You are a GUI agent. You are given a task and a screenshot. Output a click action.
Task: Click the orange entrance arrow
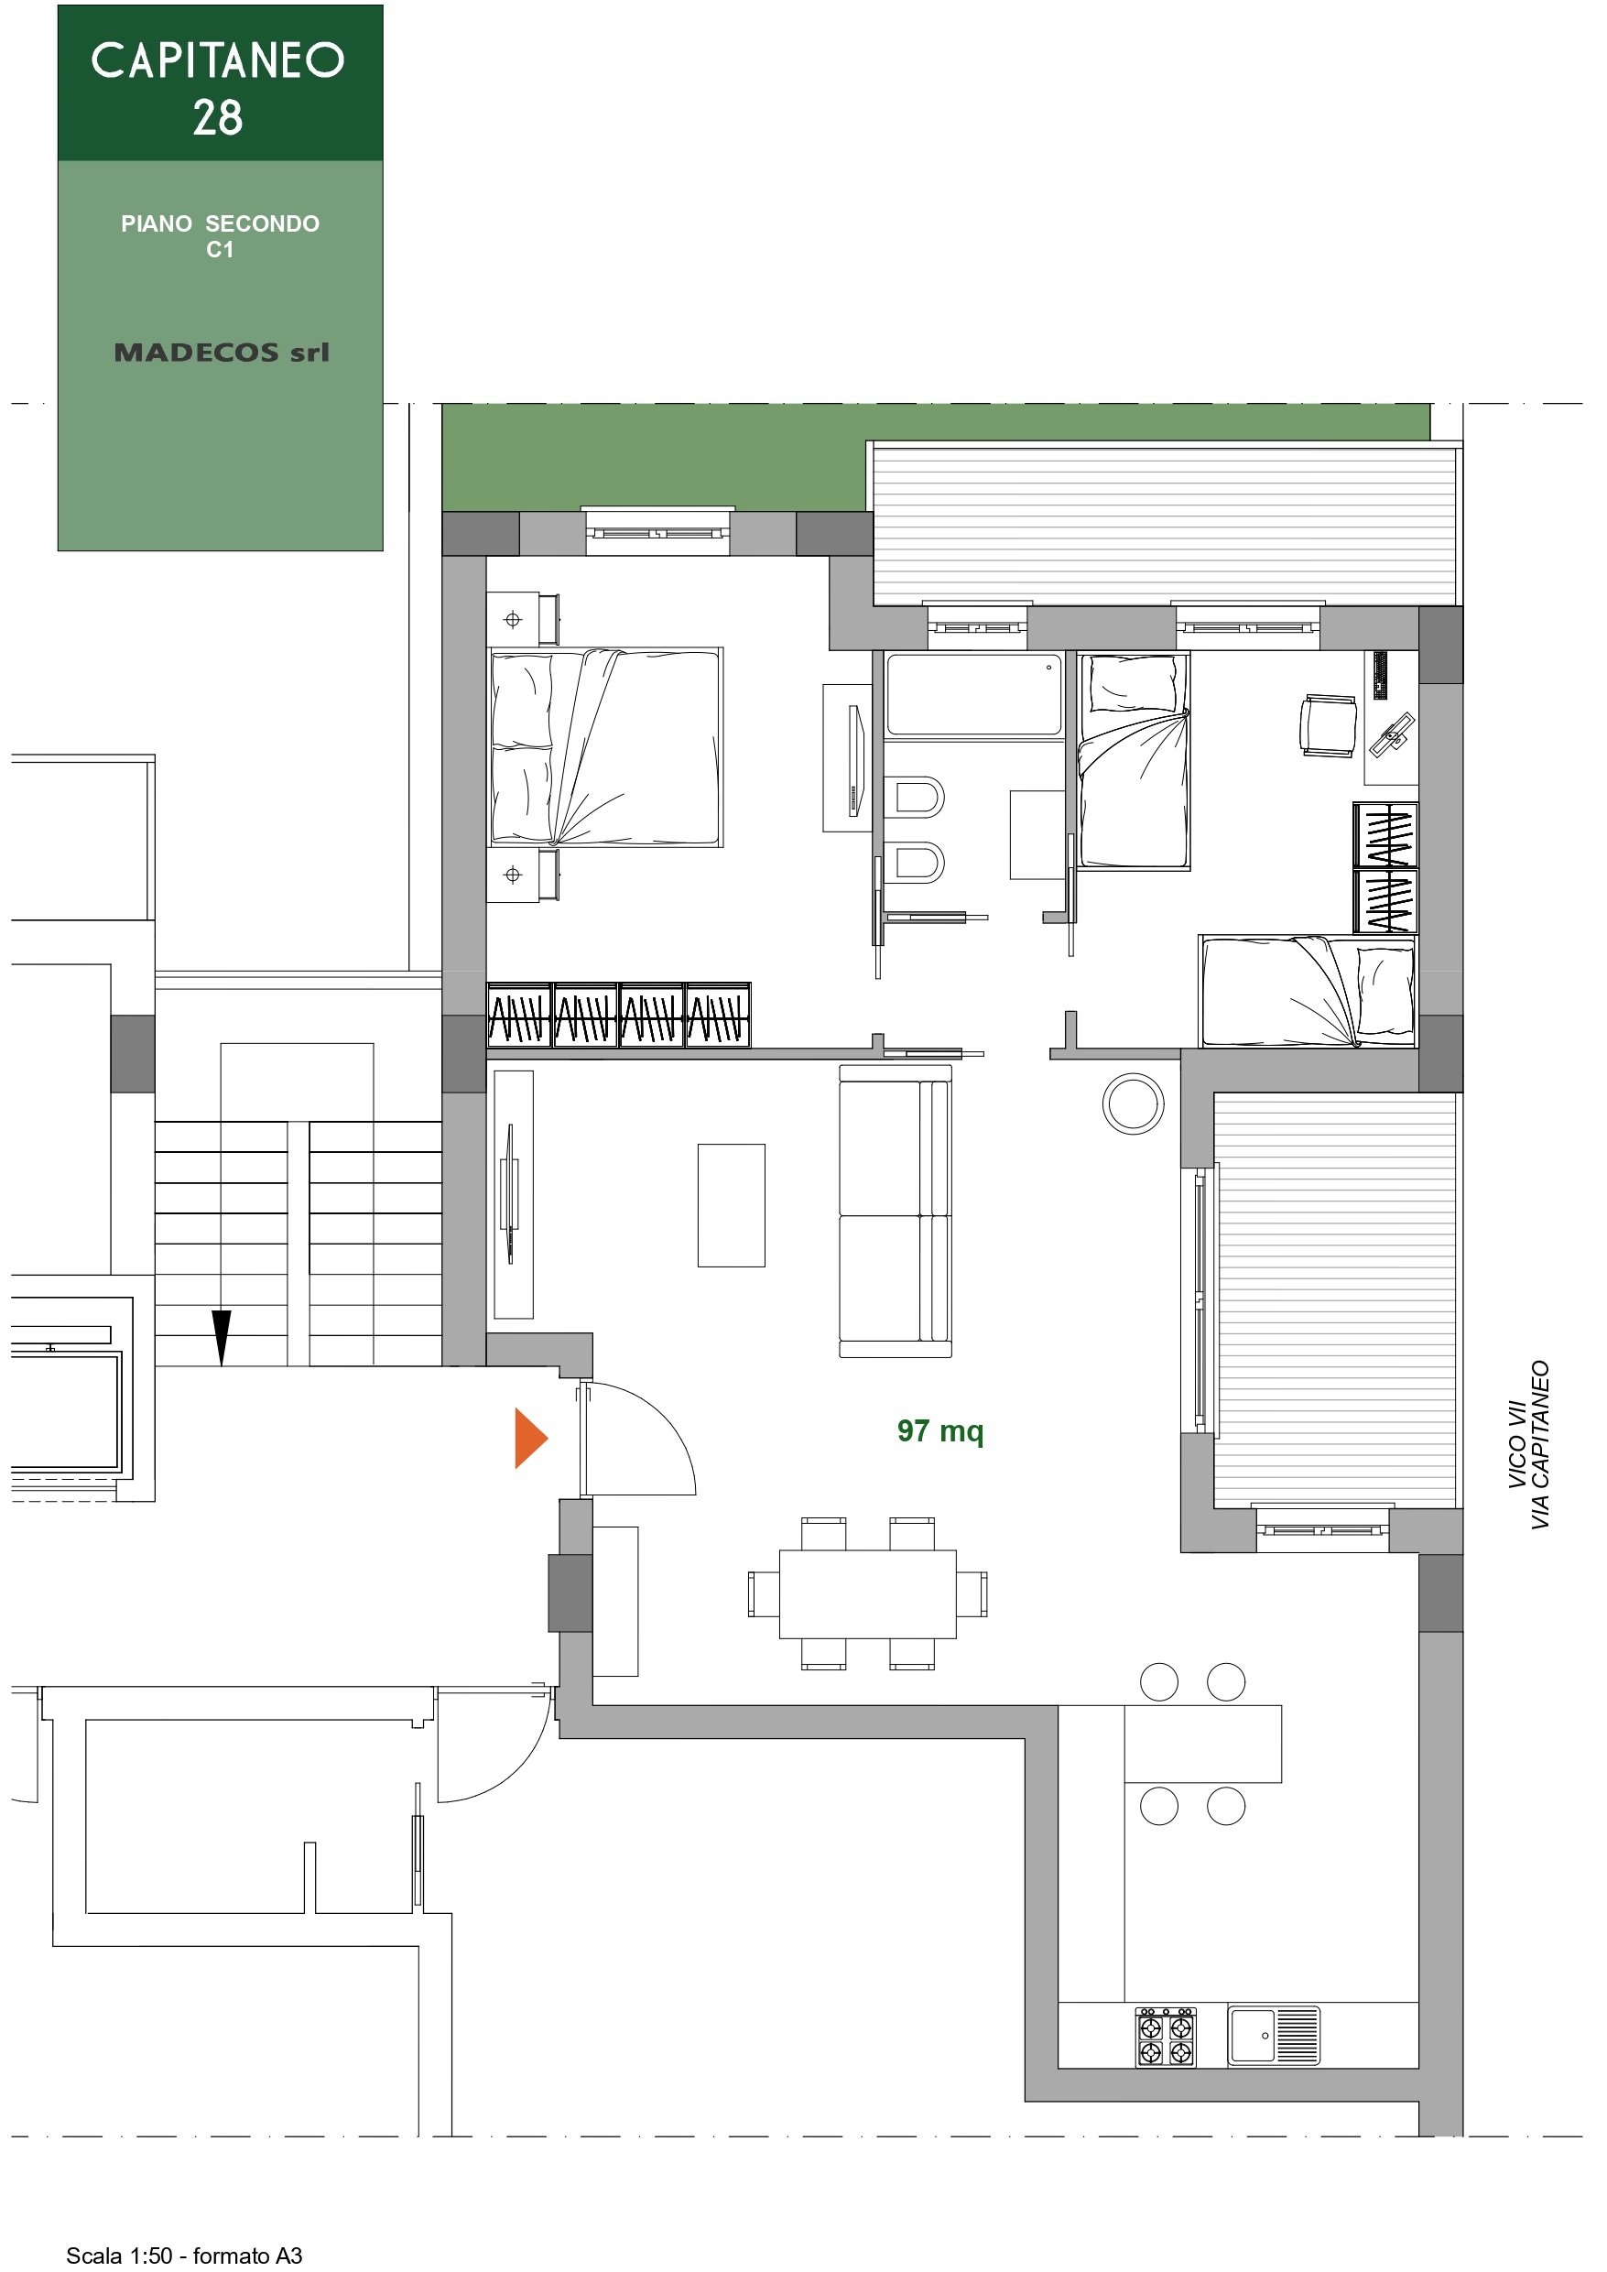point(529,1438)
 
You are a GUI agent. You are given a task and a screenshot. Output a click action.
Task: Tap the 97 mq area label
point(940,1432)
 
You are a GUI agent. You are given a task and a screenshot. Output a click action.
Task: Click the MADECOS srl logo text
point(222,353)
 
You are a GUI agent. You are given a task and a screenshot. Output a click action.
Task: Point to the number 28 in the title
point(218,118)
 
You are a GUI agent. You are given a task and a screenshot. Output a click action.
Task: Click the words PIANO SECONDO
point(220,223)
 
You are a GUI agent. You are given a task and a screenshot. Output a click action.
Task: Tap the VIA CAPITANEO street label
point(1540,1445)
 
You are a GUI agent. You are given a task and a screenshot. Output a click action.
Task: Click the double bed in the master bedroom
point(605,747)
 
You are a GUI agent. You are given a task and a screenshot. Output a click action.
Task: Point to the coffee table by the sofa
point(732,1205)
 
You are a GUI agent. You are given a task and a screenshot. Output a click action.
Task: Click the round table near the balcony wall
point(1133,1103)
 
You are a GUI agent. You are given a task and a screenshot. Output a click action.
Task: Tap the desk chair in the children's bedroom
point(1328,725)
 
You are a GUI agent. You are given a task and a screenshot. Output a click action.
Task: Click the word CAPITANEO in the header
point(218,60)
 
